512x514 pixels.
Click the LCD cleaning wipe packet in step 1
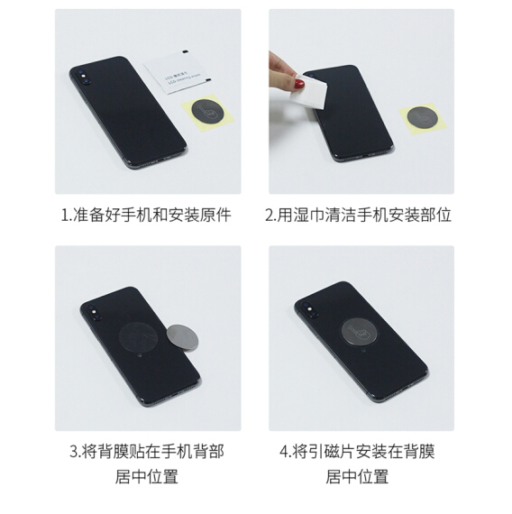177,72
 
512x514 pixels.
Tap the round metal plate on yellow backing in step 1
207,112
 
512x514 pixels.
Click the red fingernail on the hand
299,84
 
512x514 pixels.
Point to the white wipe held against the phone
309,92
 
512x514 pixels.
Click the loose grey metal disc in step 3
182,338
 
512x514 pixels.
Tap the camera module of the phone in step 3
94,311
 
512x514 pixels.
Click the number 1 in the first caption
65,216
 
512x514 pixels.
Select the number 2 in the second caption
270,216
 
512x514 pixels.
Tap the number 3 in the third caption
74,452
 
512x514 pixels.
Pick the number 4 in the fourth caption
284,452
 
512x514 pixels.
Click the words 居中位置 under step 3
147,477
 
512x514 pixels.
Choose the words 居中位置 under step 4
357,477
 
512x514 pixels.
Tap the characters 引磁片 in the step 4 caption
332,451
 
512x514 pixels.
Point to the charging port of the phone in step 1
164,159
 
